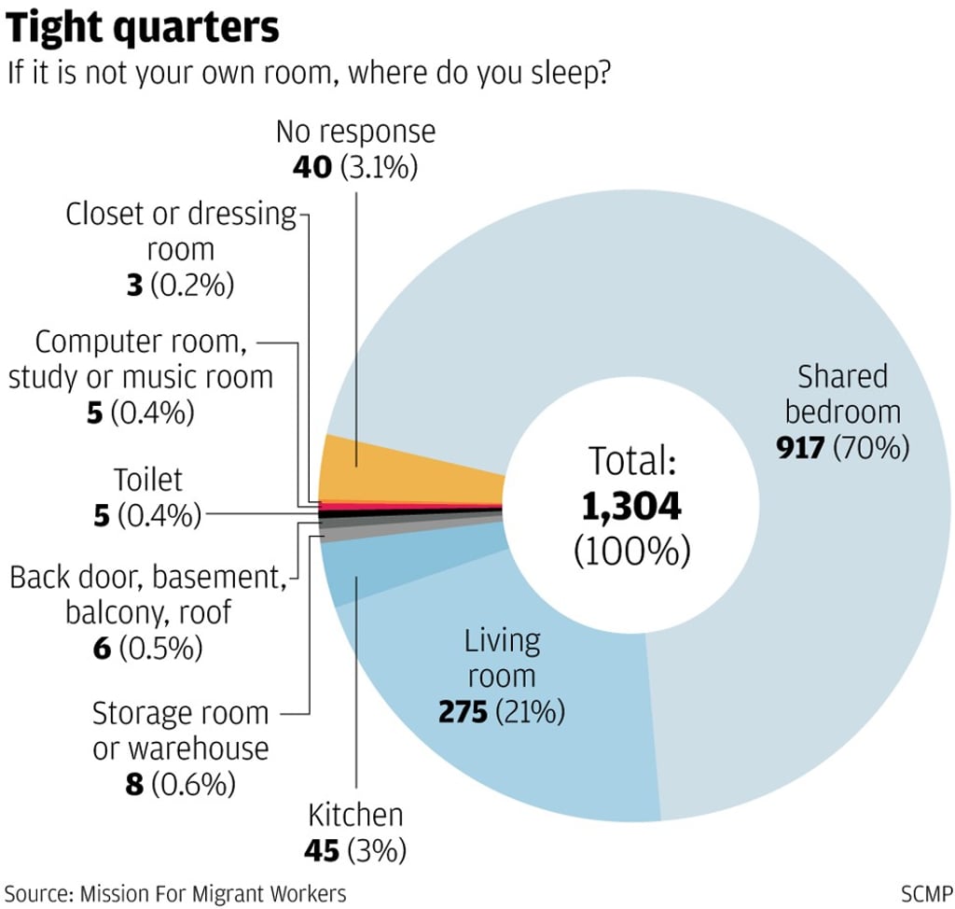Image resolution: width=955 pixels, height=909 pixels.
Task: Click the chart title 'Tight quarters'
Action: pos(144,29)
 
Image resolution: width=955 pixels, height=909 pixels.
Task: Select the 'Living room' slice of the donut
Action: pos(522,737)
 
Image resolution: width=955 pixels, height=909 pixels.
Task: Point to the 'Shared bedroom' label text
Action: pos(841,394)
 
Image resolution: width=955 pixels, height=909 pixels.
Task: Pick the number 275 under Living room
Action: pos(464,713)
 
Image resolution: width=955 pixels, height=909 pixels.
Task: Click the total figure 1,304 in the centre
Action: pos(631,507)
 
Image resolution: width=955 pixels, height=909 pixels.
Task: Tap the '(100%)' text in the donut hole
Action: pos(631,551)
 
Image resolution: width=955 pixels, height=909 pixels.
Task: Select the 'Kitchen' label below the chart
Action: pos(355,815)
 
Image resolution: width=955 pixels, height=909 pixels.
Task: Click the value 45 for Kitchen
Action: pos(322,850)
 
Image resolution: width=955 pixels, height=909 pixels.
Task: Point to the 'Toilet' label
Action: pos(147,480)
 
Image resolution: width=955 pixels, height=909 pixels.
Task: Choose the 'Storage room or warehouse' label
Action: pos(180,731)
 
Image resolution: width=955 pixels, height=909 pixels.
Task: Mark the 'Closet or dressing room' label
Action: pos(180,231)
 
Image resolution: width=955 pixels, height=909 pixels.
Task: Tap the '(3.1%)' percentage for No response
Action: pos(378,168)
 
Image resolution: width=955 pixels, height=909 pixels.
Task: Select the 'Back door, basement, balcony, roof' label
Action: pos(146,595)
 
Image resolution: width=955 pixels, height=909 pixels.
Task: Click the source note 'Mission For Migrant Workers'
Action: pos(214,893)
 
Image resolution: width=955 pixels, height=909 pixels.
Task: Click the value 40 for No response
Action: pos(311,168)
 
